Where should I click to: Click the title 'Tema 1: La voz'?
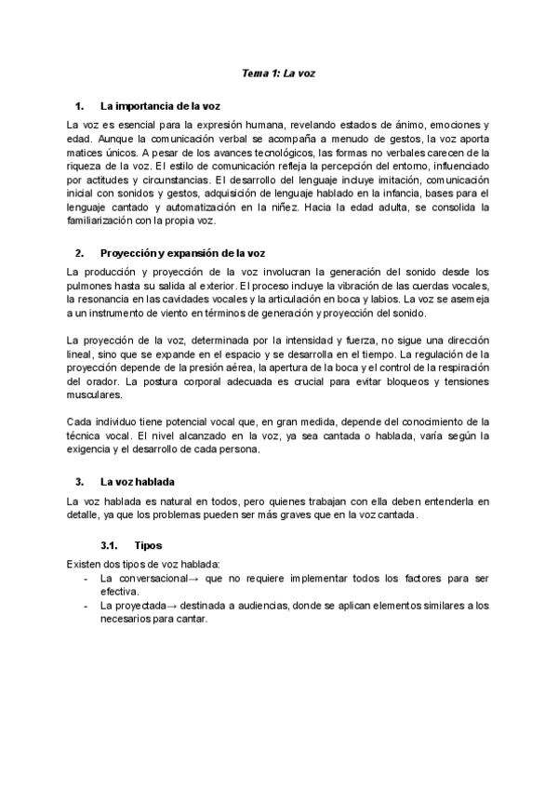point(279,71)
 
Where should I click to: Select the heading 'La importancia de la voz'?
point(160,106)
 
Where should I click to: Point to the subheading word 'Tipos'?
point(149,545)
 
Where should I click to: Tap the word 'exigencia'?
point(91,452)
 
